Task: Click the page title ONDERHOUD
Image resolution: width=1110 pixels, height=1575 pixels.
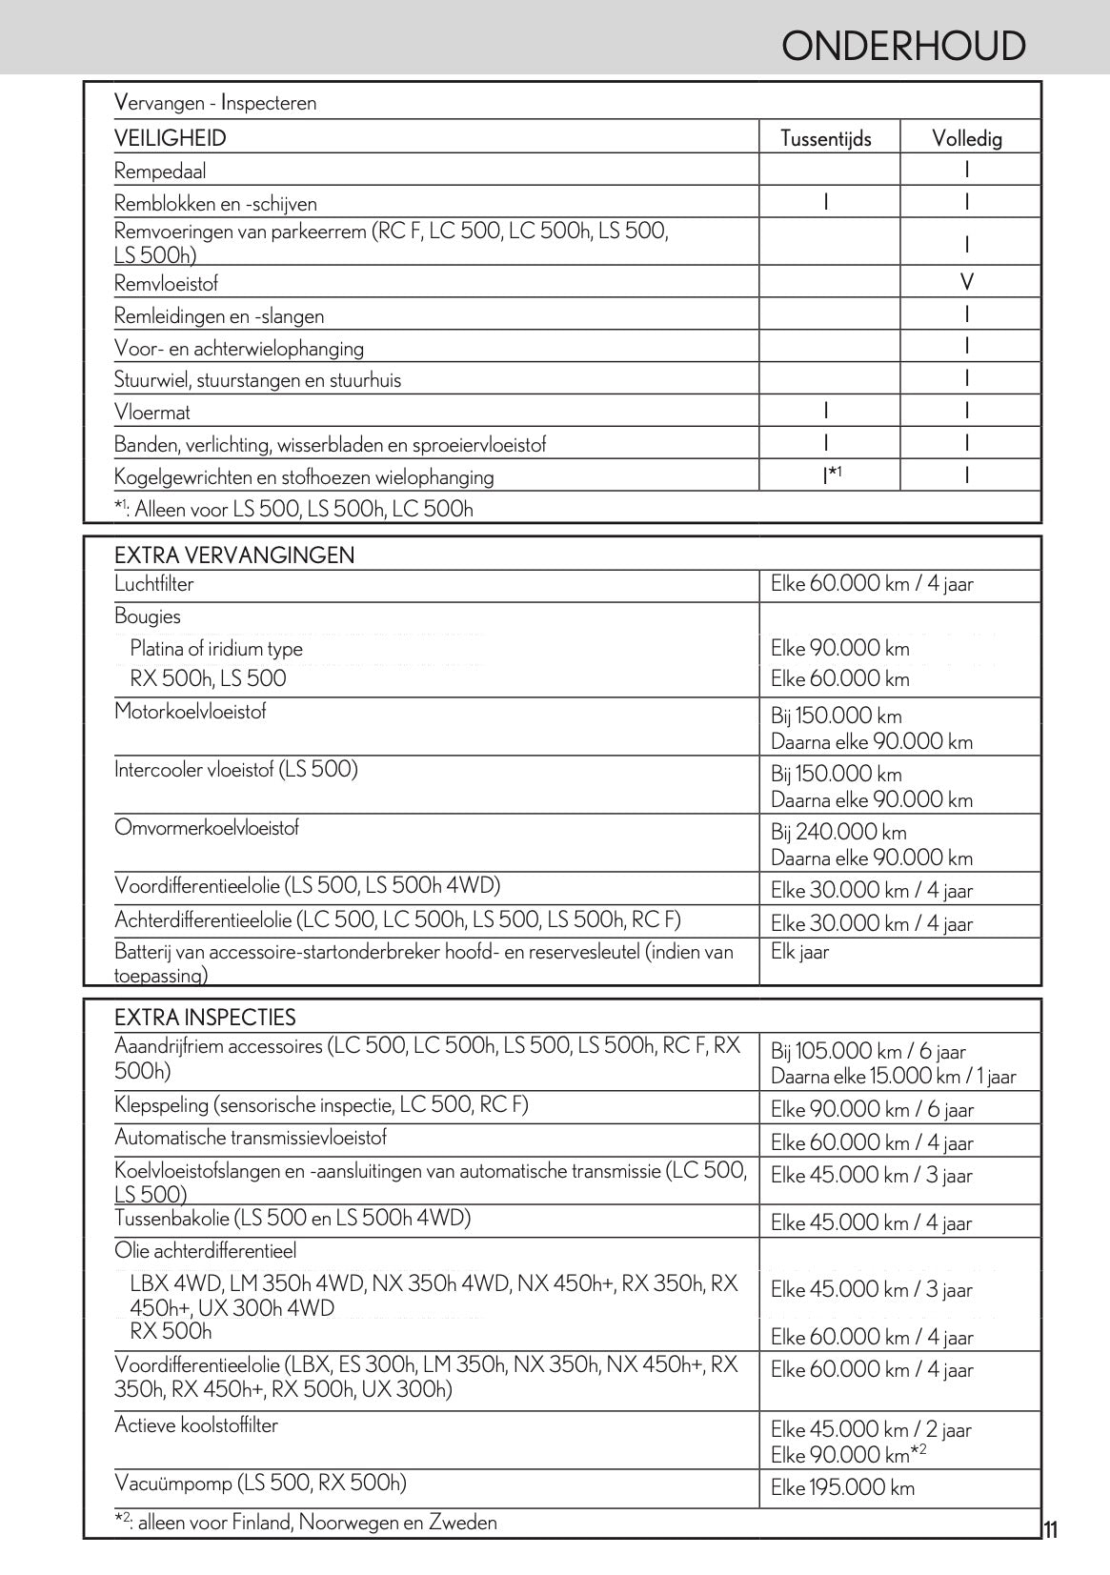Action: (902, 46)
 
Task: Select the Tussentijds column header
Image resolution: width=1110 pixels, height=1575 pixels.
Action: (825, 139)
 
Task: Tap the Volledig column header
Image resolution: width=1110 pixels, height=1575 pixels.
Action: (966, 139)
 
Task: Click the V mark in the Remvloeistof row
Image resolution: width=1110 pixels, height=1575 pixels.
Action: (967, 282)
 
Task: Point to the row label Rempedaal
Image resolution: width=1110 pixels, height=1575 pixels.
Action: (160, 172)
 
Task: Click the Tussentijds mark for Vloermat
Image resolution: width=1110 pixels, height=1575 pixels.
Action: (825, 411)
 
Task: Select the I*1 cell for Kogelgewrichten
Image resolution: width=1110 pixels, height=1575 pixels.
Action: (832, 474)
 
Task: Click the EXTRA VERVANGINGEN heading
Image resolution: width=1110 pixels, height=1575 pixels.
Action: (233, 555)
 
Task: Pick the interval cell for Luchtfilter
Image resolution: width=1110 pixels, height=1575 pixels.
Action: (871, 584)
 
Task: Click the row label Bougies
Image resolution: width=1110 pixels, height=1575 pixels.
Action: (147, 616)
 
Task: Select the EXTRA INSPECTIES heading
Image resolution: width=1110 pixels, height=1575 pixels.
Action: (205, 1017)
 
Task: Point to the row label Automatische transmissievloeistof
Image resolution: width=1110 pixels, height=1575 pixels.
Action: (251, 1138)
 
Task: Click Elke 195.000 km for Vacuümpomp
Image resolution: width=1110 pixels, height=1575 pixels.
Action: (842, 1487)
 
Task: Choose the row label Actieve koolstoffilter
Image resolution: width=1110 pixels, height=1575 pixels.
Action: (196, 1424)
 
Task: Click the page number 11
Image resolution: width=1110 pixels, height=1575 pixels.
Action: (1050, 1532)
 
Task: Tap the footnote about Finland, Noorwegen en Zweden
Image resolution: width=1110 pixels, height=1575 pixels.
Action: (305, 1523)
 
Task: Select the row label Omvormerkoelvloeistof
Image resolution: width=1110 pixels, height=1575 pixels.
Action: (207, 827)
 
